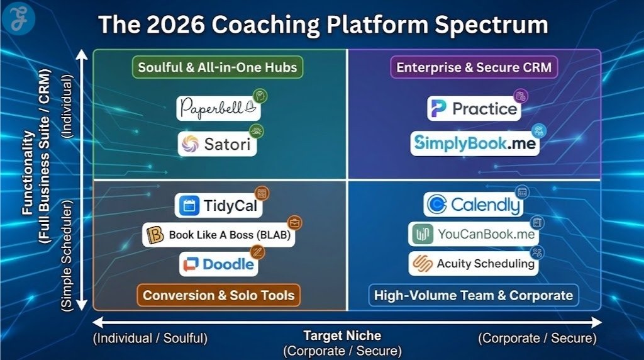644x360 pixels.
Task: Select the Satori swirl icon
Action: (x=189, y=145)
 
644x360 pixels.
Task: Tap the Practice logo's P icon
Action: (x=438, y=108)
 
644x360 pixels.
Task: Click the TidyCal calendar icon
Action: (x=189, y=206)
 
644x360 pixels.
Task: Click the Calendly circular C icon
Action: (x=436, y=205)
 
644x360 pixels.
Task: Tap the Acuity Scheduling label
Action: (x=485, y=264)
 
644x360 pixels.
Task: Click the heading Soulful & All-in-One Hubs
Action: (x=218, y=67)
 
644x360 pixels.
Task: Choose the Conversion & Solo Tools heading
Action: (x=218, y=295)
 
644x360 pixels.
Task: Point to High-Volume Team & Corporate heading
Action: (x=473, y=295)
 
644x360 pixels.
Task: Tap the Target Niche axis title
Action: (x=342, y=336)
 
